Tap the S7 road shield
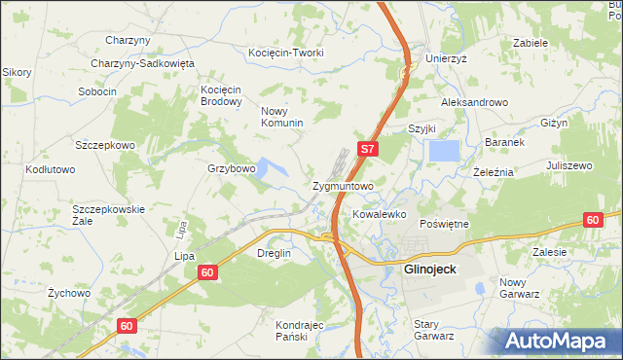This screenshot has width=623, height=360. pyautogui.click(x=367, y=150)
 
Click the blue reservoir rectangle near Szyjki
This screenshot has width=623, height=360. pyautogui.click(x=444, y=151)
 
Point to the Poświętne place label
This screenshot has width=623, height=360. pyautogui.click(x=444, y=223)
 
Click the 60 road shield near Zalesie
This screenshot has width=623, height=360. pyautogui.click(x=593, y=220)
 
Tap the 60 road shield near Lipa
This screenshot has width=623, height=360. pyautogui.click(x=207, y=272)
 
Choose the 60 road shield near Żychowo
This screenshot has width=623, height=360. pyautogui.click(x=126, y=326)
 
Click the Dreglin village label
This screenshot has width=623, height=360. pyautogui.click(x=274, y=253)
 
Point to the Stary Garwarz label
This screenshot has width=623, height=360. pyautogui.click(x=434, y=330)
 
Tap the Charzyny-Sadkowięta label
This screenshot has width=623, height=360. pyautogui.click(x=143, y=63)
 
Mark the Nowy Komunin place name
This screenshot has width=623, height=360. pyautogui.click(x=282, y=117)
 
